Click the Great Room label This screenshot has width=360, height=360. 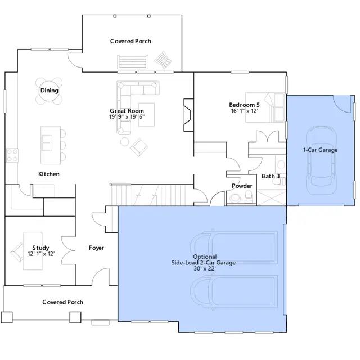coord(127,111)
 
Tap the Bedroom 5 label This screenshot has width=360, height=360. coord(244,105)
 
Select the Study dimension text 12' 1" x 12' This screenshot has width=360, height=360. coord(41,254)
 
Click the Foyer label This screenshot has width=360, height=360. coord(96,248)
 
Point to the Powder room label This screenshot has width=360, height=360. coord(242,186)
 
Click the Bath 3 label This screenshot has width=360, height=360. coord(271,176)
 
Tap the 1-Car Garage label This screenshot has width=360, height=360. coord(320,150)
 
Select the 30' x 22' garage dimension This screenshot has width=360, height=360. coord(205,268)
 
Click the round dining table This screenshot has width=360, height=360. coord(49,91)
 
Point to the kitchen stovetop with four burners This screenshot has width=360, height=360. coord(12,155)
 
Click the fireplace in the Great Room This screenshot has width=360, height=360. coord(189,115)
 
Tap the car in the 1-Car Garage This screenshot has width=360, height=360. coord(321,160)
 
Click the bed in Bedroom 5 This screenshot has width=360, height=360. coord(265,107)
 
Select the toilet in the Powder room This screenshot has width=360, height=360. coord(249,196)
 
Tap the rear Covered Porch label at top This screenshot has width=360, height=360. coord(130,41)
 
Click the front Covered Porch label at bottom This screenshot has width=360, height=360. coord(62,302)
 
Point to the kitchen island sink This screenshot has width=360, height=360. coord(47,143)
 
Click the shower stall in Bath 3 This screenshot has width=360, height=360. coord(272,197)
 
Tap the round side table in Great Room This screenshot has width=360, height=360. coord(125,142)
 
